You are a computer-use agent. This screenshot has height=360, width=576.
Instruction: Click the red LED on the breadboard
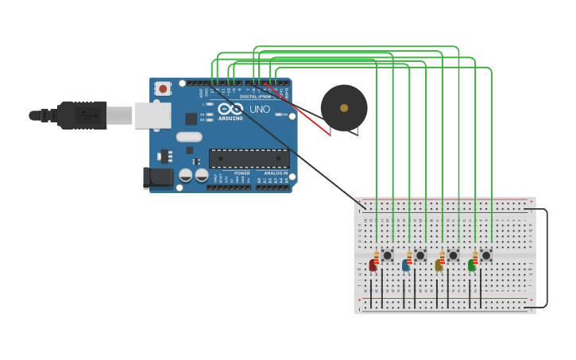tap(372, 265)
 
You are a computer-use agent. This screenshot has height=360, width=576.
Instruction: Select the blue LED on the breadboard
tap(405, 265)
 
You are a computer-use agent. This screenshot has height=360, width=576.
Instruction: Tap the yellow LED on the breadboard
tap(438, 265)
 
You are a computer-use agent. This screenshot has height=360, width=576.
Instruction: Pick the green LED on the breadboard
tap(471, 265)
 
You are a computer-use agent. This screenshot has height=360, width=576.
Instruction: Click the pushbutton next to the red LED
tap(387, 255)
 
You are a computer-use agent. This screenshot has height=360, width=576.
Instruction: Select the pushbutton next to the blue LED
tap(420, 255)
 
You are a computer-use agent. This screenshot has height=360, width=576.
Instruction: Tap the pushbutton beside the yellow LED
tap(453, 255)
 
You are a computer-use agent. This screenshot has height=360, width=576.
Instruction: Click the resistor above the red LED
tap(377, 257)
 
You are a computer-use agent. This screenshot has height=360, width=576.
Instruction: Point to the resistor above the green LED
tap(476, 257)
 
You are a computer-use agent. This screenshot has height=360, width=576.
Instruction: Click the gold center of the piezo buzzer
tap(344, 108)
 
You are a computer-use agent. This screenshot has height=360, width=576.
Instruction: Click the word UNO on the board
tap(260, 109)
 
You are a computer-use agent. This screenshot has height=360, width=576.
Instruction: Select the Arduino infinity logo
tap(230, 108)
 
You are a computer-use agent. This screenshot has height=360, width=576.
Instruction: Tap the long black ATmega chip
tap(249, 158)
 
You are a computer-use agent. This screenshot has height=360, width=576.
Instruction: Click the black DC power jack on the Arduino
tap(157, 177)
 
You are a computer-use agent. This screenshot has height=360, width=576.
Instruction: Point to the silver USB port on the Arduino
tap(152, 115)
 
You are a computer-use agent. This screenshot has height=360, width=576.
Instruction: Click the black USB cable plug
tap(81, 115)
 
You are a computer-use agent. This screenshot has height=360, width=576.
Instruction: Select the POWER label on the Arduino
tap(242, 172)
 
